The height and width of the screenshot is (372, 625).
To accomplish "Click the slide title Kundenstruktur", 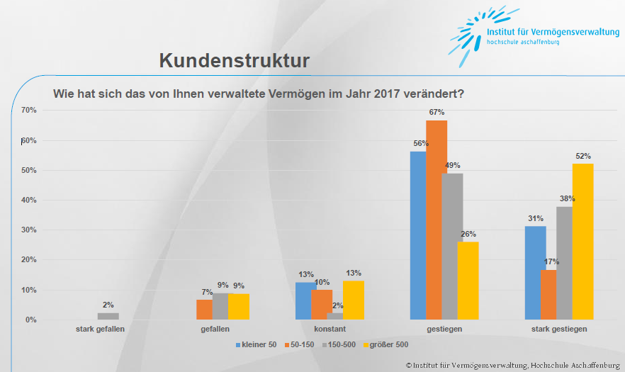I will click(234, 60).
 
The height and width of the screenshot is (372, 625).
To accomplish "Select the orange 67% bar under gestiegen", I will click(437, 220).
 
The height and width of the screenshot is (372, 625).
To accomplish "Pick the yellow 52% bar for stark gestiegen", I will click(582, 242).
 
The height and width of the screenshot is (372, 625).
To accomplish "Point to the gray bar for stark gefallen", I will click(108, 316).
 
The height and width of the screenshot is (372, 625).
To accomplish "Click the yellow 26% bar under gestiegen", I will click(468, 281).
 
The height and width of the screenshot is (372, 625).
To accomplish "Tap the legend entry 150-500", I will click(342, 344).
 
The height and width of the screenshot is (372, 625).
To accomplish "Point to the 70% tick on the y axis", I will click(29, 110).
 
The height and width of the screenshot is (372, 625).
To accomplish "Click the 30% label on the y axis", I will click(29, 230).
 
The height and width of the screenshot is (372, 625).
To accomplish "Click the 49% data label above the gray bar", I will click(452, 167).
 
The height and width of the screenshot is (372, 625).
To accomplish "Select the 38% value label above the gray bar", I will click(566, 199).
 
